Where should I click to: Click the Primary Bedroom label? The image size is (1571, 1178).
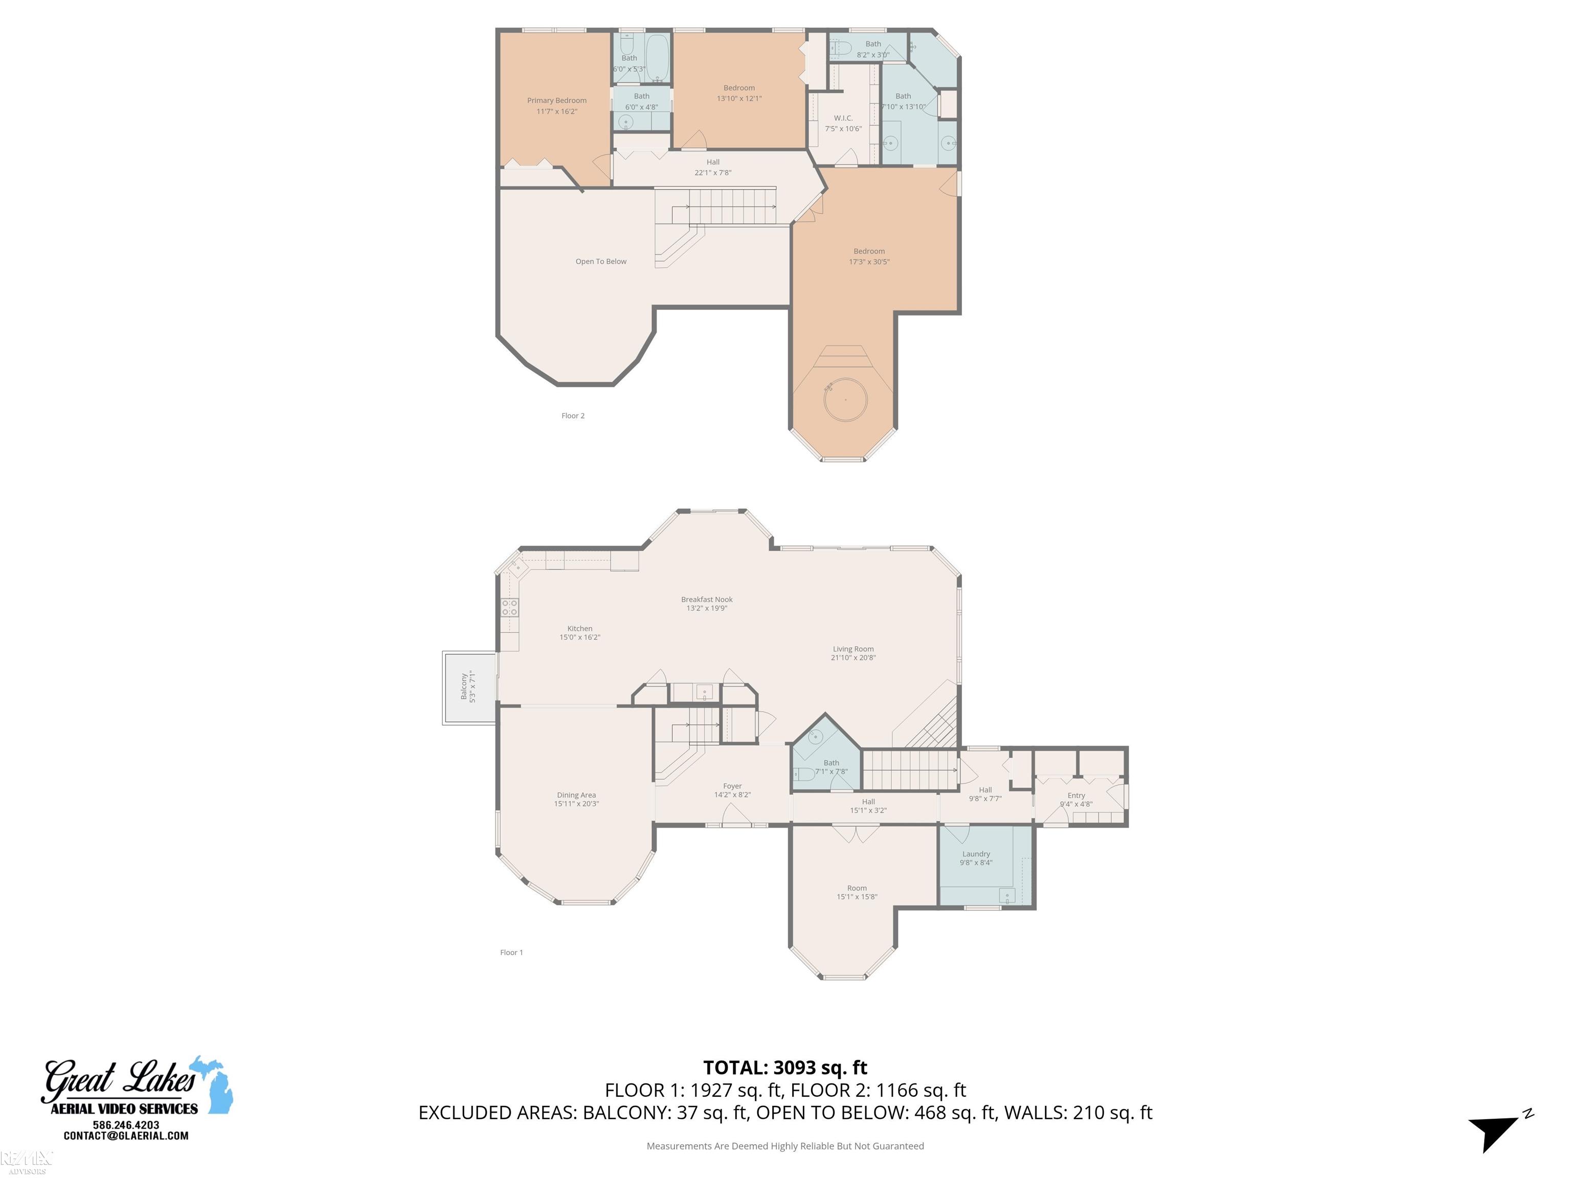[x=556, y=101]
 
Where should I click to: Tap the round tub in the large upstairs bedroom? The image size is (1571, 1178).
[x=845, y=400]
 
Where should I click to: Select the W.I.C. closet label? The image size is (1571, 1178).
[x=843, y=119]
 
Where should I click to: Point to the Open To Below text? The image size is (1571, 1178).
[x=601, y=261]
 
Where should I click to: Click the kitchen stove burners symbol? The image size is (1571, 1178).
[x=509, y=607]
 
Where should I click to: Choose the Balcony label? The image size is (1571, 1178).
[x=464, y=687]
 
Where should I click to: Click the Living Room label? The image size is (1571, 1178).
[x=853, y=649]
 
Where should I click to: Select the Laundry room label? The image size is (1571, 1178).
[x=976, y=854]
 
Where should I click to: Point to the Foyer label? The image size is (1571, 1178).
[x=732, y=786]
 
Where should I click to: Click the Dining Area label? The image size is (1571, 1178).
[x=576, y=795]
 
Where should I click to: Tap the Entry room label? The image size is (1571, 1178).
[x=1076, y=795]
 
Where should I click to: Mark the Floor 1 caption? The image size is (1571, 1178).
[x=511, y=952]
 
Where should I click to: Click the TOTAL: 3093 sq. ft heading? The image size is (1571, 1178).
[x=785, y=1067]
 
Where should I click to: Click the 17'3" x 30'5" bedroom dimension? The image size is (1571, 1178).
[x=868, y=262]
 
